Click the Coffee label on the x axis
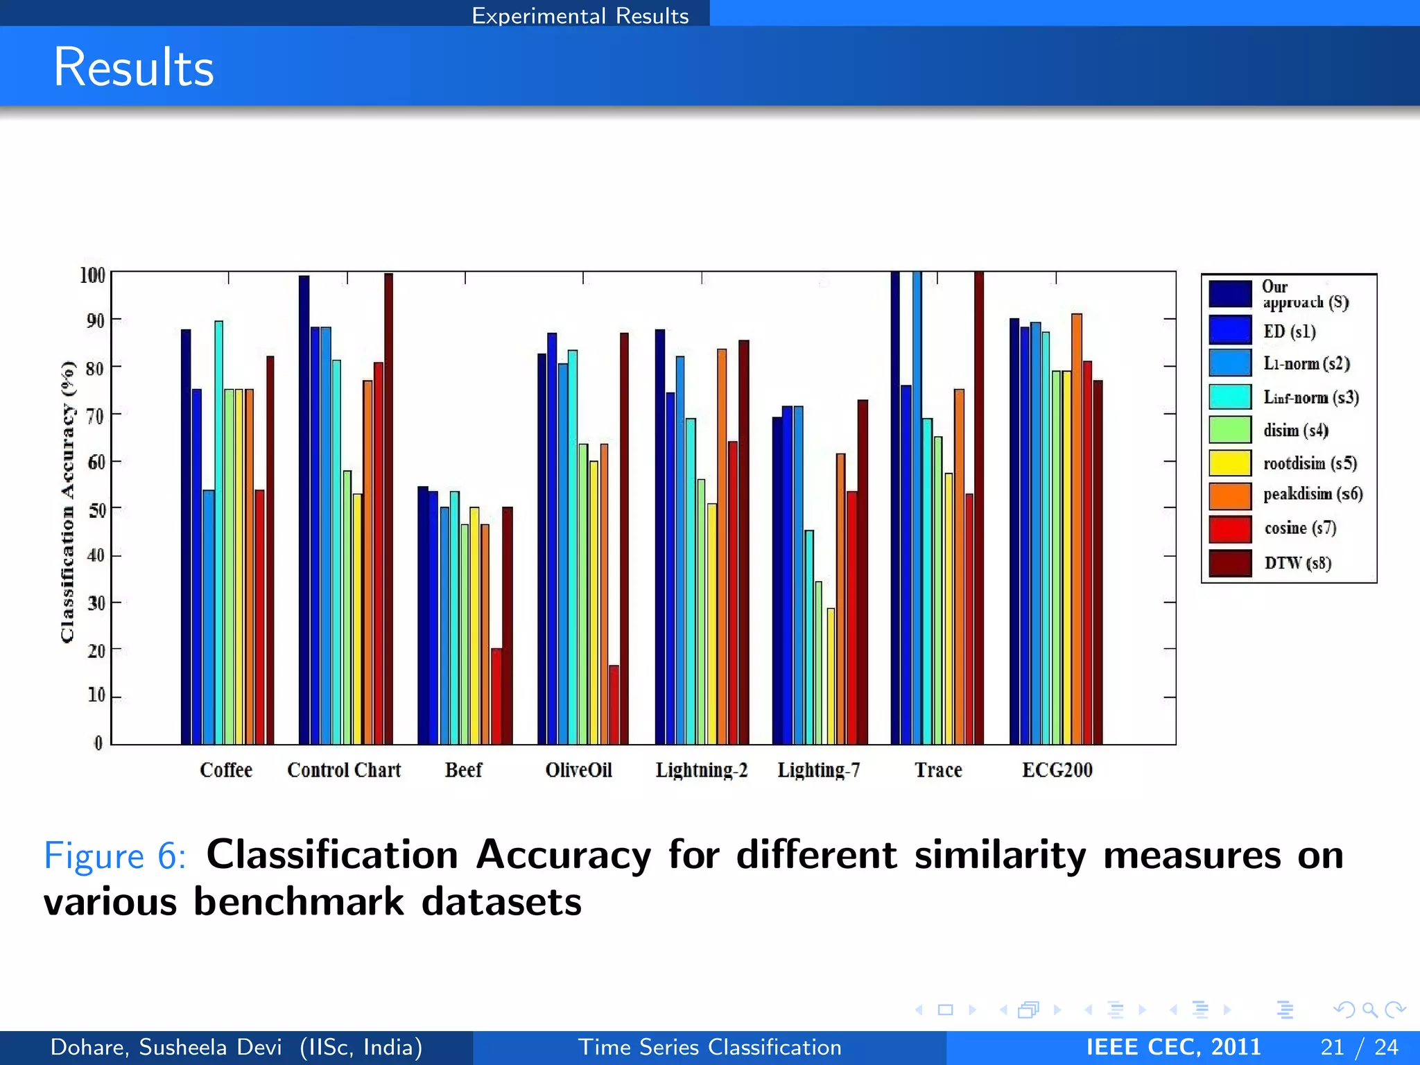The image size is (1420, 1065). pos(226,770)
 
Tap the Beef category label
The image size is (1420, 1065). pos(463,770)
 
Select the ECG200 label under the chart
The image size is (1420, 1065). pos(1057,770)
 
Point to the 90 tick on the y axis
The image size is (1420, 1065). pos(96,321)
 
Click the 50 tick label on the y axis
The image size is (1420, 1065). pos(96,510)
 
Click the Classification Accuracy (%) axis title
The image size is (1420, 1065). pos(67,501)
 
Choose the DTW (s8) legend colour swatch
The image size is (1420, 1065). pos(1230,563)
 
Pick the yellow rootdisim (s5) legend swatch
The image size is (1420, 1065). pos(1230,462)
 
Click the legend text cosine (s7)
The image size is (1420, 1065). pos(1300,528)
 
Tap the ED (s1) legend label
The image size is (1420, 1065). pos(1289,331)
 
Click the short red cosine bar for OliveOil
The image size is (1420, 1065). pos(614,704)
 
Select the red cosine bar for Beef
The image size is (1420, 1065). pos(496,695)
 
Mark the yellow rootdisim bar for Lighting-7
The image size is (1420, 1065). pos(831,676)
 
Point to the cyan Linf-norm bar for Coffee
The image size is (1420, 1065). pos(218,532)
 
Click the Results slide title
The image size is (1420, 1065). pos(134,67)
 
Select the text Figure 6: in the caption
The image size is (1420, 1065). pos(114,855)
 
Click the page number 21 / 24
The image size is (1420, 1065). pos(1359,1047)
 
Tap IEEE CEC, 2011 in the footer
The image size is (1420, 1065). pos(1173,1047)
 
